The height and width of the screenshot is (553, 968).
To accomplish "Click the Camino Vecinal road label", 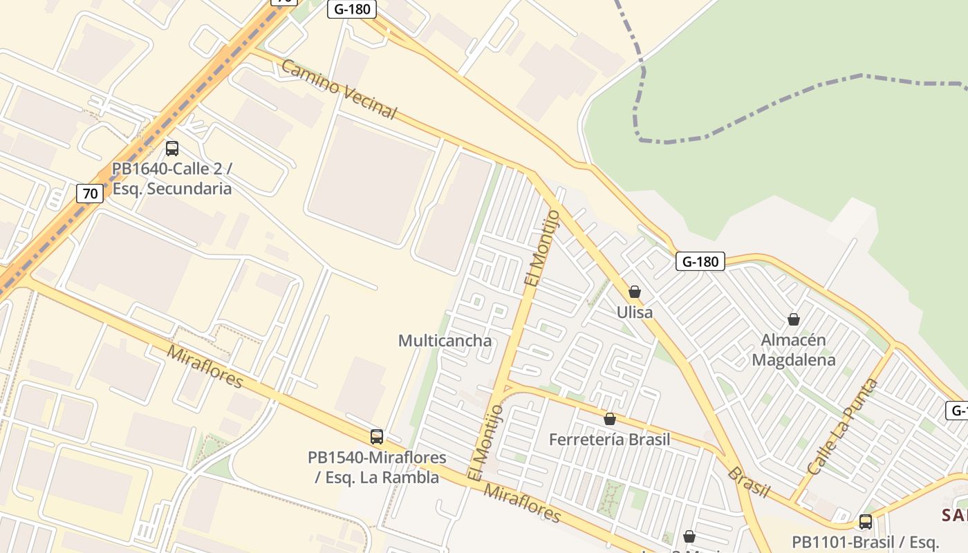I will [x=339, y=90].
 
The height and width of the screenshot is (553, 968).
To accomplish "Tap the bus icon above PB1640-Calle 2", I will [x=172, y=148].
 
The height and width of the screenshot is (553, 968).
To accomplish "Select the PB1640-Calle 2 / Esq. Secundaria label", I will [x=172, y=179].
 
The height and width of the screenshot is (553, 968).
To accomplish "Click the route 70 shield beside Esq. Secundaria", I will [x=90, y=194].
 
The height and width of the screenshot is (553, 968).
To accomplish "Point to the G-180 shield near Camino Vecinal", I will [x=352, y=9].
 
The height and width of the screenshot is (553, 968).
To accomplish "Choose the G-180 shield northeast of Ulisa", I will [x=700, y=261].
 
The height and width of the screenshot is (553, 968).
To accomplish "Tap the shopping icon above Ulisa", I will [x=635, y=292].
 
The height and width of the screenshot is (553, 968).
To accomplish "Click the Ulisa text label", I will [x=635, y=312].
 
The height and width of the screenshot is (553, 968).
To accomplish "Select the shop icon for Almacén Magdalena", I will [x=794, y=319].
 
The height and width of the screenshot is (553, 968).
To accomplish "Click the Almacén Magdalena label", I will [x=794, y=350].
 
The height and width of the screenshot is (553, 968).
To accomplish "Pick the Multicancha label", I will [x=445, y=341].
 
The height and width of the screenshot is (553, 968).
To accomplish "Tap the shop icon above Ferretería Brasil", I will [x=610, y=419].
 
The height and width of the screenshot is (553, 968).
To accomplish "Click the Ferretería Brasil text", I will [x=610, y=440].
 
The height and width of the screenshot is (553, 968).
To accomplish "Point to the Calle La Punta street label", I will [x=842, y=427].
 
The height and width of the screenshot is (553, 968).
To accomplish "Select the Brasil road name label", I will [x=748, y=482].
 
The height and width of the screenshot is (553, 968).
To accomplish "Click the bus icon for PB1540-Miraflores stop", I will [x=377, y=437].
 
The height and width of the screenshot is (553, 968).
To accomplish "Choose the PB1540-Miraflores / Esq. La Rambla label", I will [x=377, y=467].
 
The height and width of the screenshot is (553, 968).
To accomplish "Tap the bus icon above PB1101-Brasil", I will [x=866, y=522].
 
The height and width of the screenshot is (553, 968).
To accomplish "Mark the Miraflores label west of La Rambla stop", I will [x=205, y=366].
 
